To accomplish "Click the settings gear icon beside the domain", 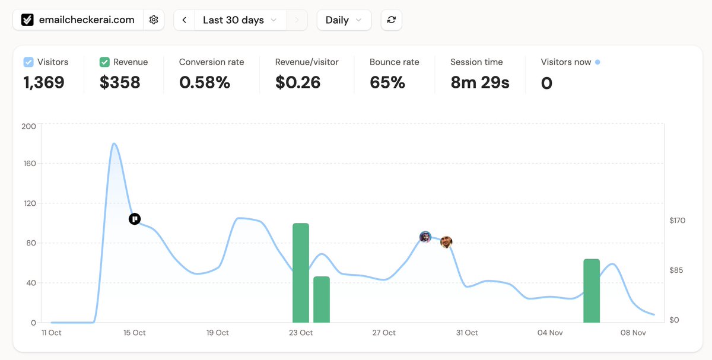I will point(154,20).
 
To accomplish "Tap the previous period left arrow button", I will point(185,20).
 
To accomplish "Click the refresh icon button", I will point(391,20).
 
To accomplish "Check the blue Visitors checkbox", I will point(28,62).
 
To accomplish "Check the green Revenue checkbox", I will point(104,62).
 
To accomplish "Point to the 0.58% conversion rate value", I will point(204,82).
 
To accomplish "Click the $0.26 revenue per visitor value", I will point(298,82).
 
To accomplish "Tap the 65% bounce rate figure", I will point(387,82).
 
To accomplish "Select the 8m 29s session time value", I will point(479,82).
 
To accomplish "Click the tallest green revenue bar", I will point(301,273).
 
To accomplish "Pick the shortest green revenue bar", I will point(322,300).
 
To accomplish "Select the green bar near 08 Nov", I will point(592,291).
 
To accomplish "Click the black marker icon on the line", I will point(135,219).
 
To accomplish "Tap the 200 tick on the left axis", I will point(28,126).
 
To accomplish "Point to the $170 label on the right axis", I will point(677,221).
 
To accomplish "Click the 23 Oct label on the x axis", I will point(301,333).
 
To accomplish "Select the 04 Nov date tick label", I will point(550,333).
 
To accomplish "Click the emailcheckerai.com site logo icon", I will point(27,20).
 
